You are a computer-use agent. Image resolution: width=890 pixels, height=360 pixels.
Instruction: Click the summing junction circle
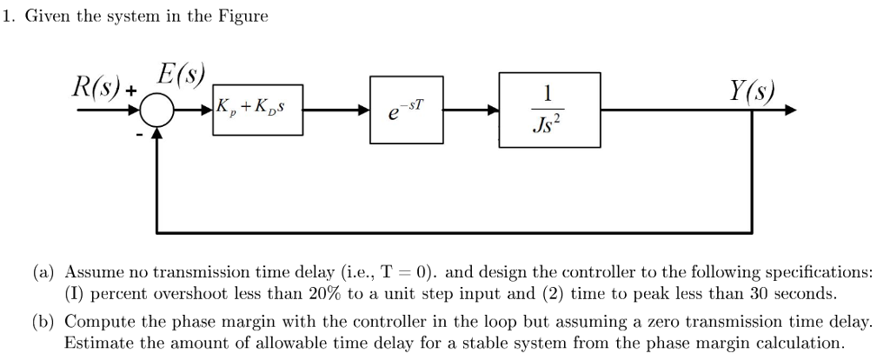[158, 111]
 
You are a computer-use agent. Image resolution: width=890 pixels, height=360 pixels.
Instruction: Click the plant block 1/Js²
[548, 110]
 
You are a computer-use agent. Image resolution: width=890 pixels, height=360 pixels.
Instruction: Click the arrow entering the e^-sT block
[364, 111]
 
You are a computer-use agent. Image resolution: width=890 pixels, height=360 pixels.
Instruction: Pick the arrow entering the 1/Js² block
[493, 111]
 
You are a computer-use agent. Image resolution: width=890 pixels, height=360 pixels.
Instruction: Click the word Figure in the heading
[242, 17]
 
